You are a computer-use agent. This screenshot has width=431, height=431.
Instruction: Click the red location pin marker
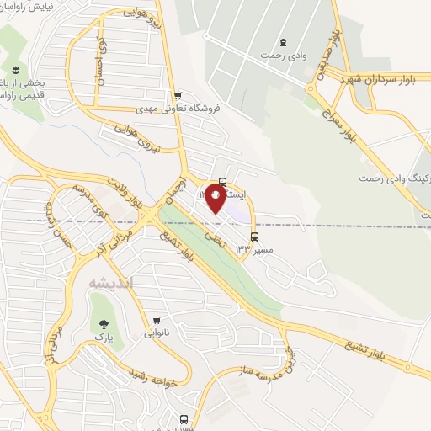click(217, 199)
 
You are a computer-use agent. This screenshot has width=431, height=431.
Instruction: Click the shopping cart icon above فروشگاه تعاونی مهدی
click(176, 95)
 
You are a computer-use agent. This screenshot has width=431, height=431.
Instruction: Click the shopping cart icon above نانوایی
click(155, 320)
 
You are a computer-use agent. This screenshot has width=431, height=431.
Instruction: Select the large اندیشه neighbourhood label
click(109, 285)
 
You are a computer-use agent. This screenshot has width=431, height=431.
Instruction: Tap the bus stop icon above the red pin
click(222, 180)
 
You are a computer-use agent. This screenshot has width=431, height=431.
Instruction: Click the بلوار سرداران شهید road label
click(384, 79)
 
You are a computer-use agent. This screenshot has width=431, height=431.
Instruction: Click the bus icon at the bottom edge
click(184, 418)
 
